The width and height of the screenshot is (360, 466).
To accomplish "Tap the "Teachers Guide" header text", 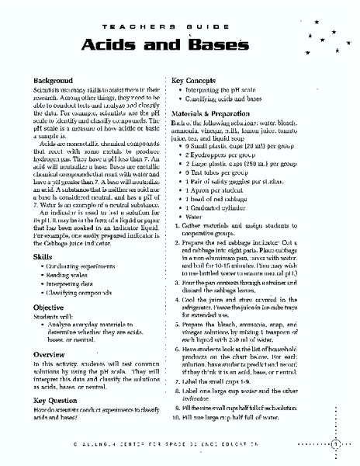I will [179, 24].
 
